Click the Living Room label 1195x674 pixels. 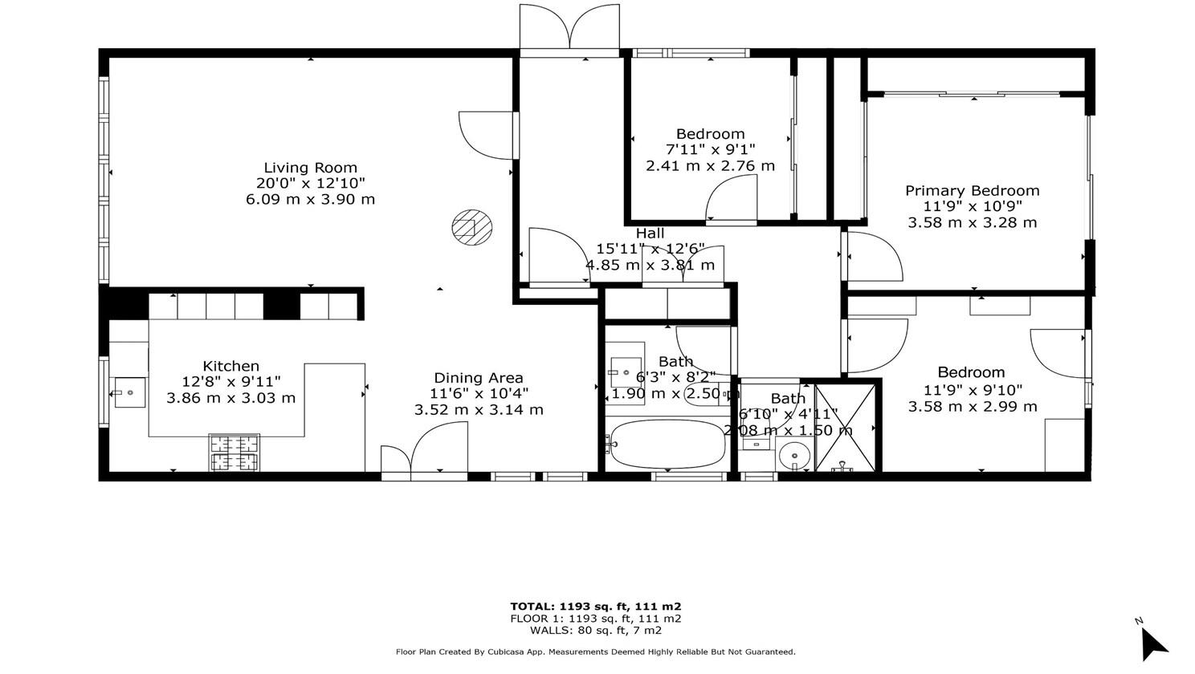pos(310,168)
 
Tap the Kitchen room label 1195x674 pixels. pos(230,366)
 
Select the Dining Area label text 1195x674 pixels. pos(479,378)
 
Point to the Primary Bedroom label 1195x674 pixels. pos(972,190)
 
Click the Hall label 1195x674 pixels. pos(650,233)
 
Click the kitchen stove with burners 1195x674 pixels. pos(235,452)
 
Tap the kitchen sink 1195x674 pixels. pos(129,392)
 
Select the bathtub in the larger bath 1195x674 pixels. pos(667,445)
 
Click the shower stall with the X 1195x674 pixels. pos(846,427)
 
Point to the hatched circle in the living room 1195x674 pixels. pos(471,227)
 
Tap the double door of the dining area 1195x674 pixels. pos(424,453)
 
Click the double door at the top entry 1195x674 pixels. pos(569,29)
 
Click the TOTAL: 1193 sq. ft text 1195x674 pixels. pos(595,607)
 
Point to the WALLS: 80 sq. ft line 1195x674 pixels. pos(595,631)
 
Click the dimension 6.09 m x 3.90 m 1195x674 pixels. pos(310,199)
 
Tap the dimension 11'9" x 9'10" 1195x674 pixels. pos(972,390)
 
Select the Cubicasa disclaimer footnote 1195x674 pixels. pos(595,652)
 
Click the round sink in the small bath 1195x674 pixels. pos(795,456)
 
